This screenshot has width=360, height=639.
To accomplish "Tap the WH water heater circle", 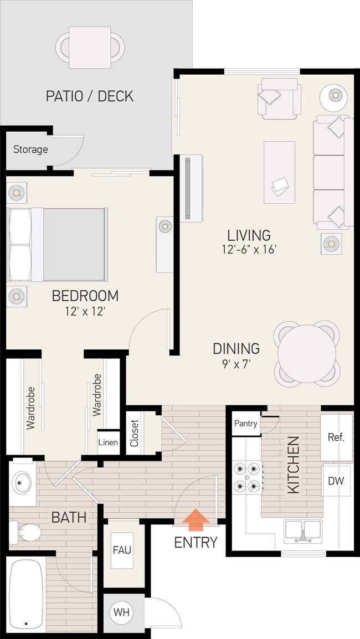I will click(122, 613).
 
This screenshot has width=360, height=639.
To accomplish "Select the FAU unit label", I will click(122, 550).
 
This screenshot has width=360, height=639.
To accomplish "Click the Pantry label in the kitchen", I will click(245, 424).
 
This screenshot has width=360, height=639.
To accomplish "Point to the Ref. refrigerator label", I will click(336, 437).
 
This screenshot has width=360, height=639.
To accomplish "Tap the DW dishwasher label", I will click(336, 481).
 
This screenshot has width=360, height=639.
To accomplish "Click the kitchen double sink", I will click(303, 531).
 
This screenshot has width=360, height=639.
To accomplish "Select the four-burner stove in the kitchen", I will click(247, 477).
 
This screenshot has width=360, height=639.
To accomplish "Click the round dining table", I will click(307, 354).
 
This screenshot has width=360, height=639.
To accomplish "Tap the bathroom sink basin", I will click(22, 483).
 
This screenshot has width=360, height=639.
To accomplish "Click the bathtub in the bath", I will click(26, 595).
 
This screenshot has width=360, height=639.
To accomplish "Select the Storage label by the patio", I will click(30, 150).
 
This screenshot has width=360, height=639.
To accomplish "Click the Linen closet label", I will click(108, 442).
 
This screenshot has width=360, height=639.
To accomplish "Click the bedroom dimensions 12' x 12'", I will click(85, 311).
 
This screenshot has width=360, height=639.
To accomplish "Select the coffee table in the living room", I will click(279, 172).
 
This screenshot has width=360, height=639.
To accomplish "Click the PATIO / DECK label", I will click(90, 96).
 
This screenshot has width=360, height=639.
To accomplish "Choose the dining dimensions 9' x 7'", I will click(236, 365).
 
